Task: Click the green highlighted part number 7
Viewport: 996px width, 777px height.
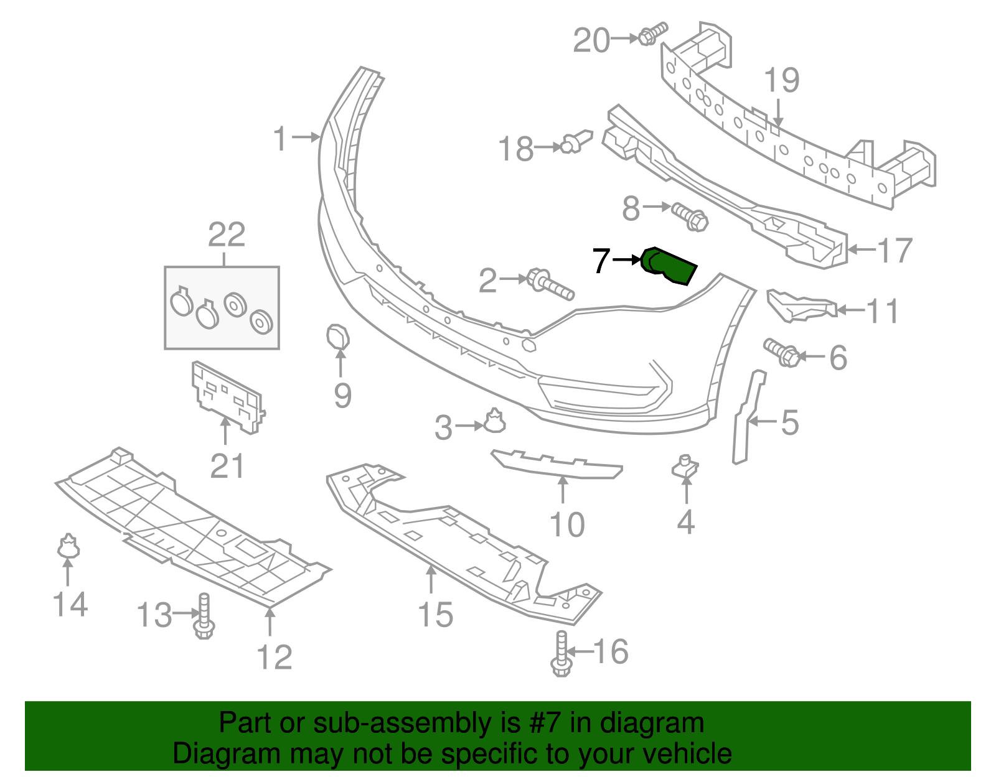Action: click(669, 266)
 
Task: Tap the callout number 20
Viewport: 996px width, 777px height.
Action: click(591, 40)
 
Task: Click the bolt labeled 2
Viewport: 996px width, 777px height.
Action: click(550, 284)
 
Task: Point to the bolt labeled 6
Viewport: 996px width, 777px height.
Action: click(782, 353)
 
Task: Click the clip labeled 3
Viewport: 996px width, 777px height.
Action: click(494, 422)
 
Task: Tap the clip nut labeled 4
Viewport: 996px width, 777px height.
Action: click(685, 467)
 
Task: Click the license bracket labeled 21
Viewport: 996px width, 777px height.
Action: click(227, 396)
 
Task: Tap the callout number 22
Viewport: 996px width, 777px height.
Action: click(227, 235)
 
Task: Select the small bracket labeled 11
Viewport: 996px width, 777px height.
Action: click(800, 305)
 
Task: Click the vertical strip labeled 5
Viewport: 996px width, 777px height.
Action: click(746, 417)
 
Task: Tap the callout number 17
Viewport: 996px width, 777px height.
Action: click(895, 250)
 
